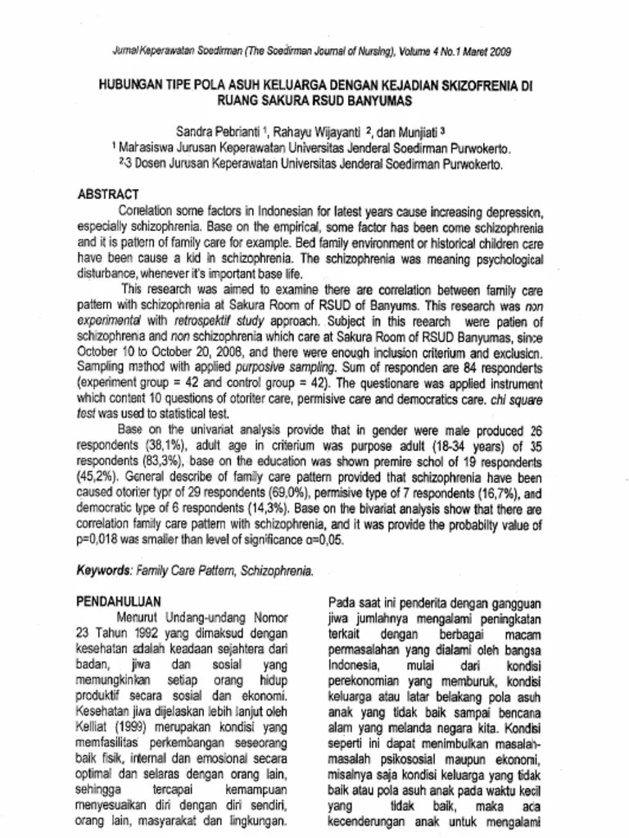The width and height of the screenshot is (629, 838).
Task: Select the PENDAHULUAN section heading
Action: coord(119,600)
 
